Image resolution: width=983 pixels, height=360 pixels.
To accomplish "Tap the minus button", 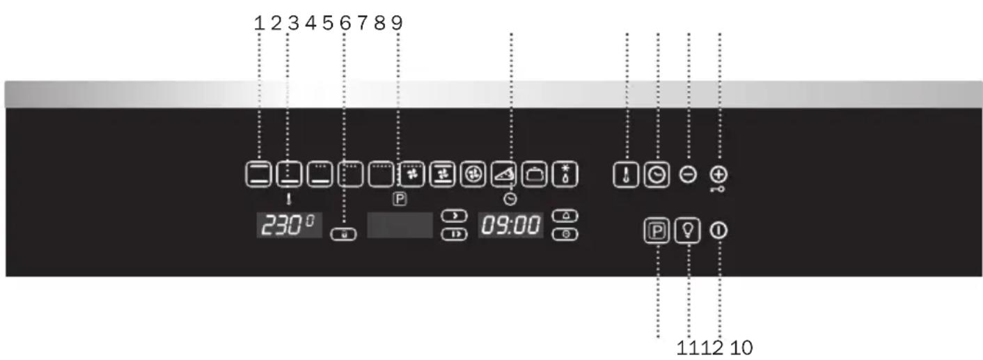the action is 688,175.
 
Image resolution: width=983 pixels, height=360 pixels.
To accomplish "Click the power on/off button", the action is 719,231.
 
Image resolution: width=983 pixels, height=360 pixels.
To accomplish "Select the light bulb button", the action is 689,231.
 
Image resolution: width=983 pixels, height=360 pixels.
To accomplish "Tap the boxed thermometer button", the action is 626,175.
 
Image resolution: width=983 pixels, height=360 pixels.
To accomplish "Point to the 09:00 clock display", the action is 510,226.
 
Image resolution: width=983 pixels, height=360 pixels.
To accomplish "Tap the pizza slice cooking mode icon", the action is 503,175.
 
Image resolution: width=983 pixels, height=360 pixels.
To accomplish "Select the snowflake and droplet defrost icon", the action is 565,175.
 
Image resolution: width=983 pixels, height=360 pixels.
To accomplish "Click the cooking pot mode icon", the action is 534,175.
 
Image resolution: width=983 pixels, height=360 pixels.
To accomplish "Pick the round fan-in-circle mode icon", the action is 471,175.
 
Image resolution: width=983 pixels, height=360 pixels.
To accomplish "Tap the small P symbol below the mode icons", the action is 400,198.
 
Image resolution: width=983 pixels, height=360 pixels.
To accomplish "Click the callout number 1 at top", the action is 259,23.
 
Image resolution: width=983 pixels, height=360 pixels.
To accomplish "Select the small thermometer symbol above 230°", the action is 289,198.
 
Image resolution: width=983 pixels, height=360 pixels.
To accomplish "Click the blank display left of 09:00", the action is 400,226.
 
